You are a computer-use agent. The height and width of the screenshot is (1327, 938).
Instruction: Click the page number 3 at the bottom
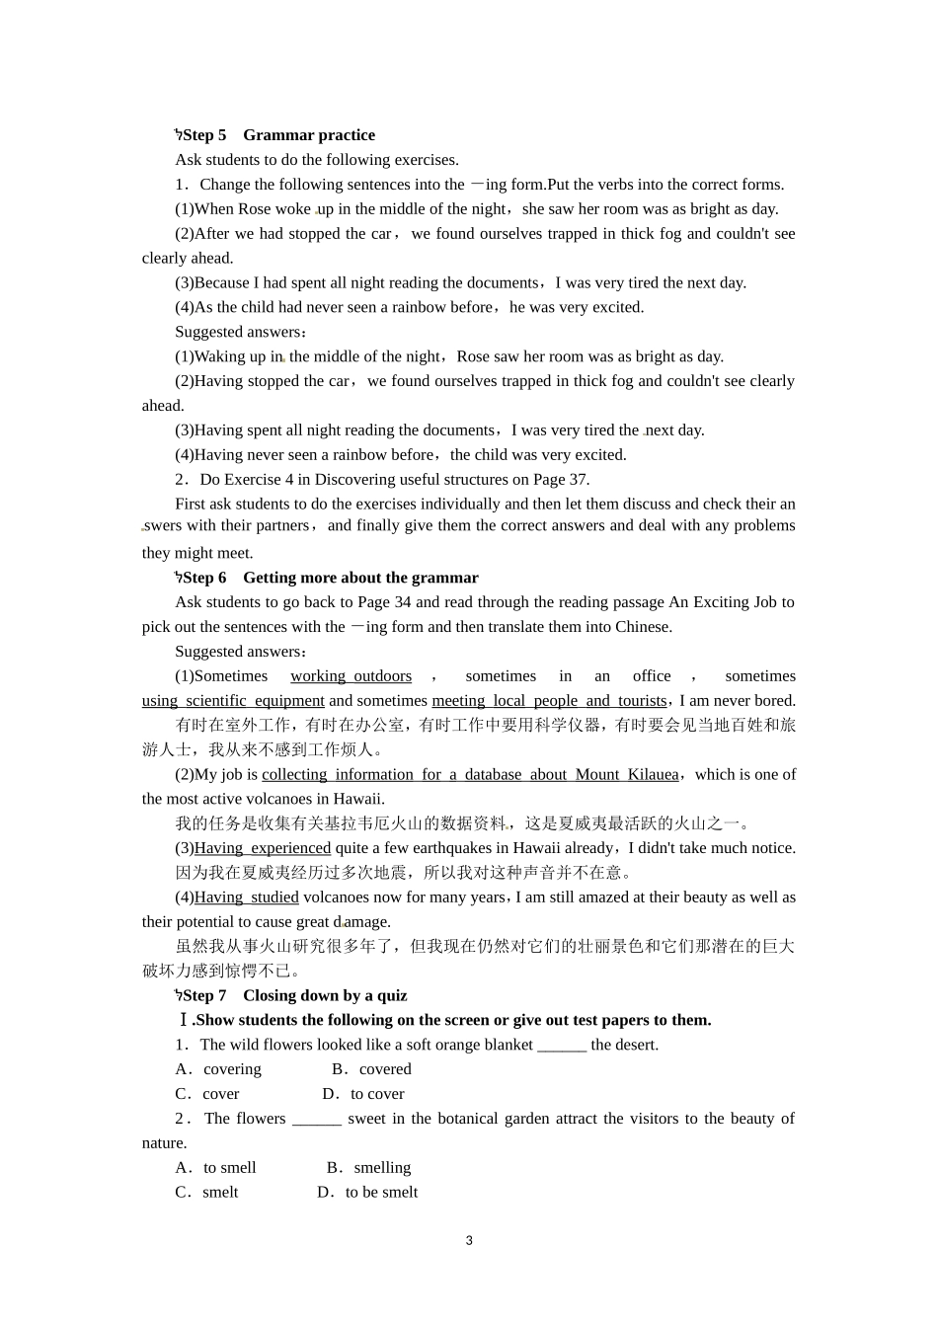[469, 1240]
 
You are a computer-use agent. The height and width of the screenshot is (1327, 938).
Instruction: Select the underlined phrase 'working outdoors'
[351, 676]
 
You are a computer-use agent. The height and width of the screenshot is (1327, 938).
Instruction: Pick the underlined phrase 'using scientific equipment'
[233, 701]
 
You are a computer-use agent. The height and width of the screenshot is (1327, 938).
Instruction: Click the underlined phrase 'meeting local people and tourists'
[549, 701]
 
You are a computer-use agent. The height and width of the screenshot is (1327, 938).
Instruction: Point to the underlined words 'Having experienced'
[263, 848]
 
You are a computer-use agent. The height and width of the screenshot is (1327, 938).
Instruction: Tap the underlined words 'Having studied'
[247, 898]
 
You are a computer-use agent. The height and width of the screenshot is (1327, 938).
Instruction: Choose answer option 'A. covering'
[219, 1069]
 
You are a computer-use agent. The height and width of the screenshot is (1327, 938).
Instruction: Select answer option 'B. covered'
[372, 1069]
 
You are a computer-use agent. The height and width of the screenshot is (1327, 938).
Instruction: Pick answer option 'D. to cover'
[364, 1094]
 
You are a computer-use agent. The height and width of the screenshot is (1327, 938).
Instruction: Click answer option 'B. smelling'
[369, 1168]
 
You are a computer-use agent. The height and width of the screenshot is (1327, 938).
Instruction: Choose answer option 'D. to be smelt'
[368, 1193]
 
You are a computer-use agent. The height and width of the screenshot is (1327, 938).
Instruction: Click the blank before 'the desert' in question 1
[562, 1046]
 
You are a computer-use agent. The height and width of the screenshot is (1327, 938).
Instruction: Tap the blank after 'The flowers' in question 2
[317, 1120]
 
